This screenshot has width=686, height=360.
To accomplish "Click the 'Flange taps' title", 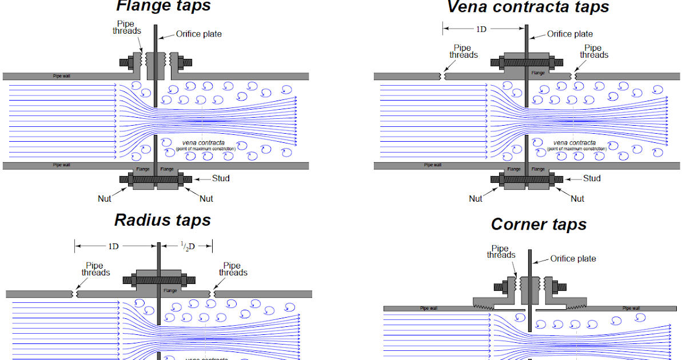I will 163,6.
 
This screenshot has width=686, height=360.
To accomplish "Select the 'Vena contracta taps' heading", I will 528,7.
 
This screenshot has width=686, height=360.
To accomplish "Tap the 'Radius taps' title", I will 162,220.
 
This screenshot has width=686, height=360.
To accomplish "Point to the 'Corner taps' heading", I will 539,225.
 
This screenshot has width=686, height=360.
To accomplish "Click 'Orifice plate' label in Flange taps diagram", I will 198,34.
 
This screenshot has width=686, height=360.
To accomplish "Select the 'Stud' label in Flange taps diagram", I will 221,178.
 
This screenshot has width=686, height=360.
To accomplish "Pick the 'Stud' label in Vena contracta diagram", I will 592,178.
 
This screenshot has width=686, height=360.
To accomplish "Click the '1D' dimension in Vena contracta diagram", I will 481,28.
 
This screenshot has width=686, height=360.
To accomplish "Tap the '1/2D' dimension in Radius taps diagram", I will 186,246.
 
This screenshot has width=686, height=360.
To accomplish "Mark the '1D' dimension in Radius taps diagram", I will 113,246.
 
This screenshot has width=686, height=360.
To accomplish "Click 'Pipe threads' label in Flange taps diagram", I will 126,28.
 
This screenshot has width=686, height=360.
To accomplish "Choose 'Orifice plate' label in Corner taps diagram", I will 573,259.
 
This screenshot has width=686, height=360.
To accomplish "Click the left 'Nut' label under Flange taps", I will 104,198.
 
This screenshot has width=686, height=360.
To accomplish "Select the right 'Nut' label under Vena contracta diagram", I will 577,198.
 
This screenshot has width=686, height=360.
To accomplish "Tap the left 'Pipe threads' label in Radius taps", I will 95,269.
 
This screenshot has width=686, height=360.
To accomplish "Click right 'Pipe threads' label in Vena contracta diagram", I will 594,51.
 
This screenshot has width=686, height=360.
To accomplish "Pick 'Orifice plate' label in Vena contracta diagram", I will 569,34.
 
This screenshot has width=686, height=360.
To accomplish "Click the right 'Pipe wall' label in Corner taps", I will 631,308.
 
